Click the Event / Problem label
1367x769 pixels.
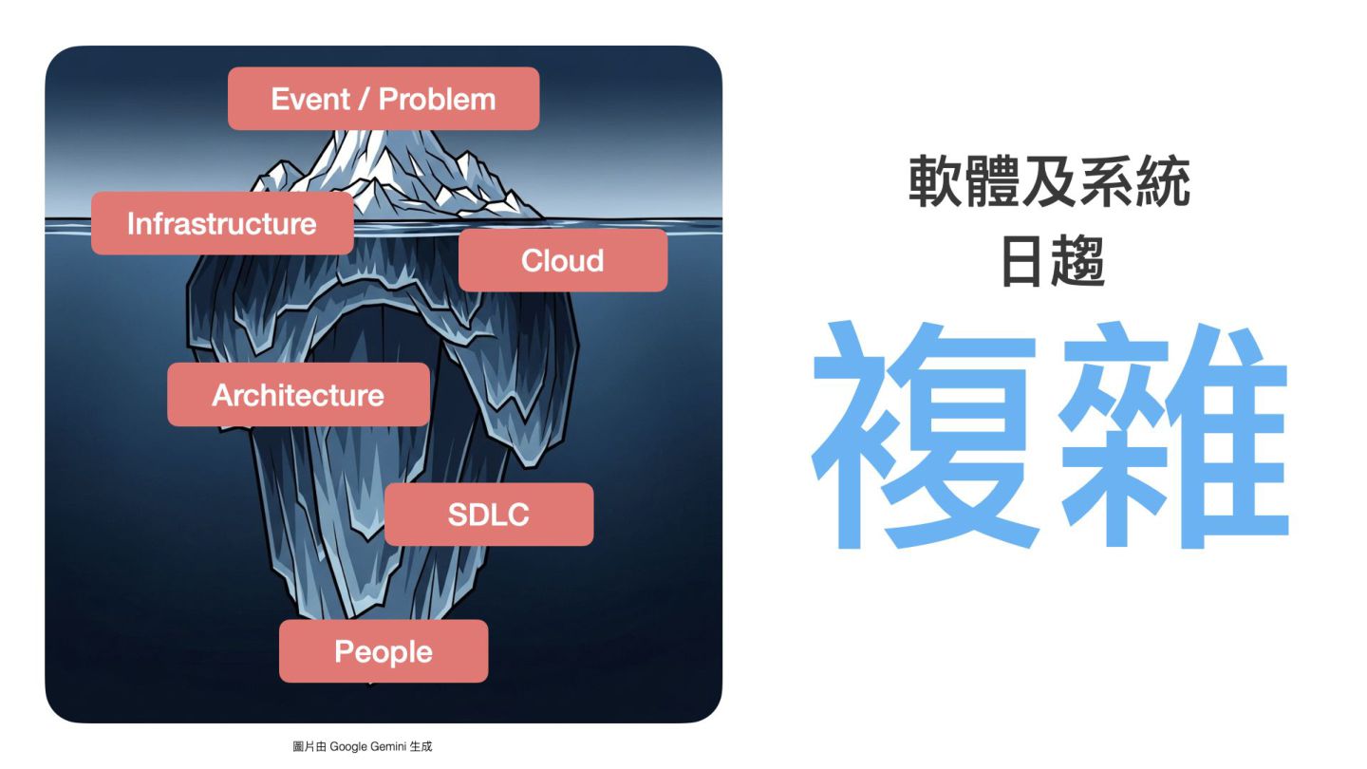pyautogui.click(x=384, y=99)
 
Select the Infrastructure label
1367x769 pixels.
pyautogui.click(x=222, y=224)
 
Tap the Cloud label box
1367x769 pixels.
pyautogui.click(x=563, y=260)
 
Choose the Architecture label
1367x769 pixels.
pyautogui.click(x=298, y=395)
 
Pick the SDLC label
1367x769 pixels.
pyautogui.click(x=489, y=515)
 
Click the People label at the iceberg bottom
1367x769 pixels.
pyautogui.click(x=384, y=651)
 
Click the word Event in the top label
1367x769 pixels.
pyautogui.click(x=299, y=99)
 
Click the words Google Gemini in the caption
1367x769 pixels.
pyautogui.click(x=367, y=747)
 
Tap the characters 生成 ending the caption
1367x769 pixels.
pyautogui.click(x=421, y=747)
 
